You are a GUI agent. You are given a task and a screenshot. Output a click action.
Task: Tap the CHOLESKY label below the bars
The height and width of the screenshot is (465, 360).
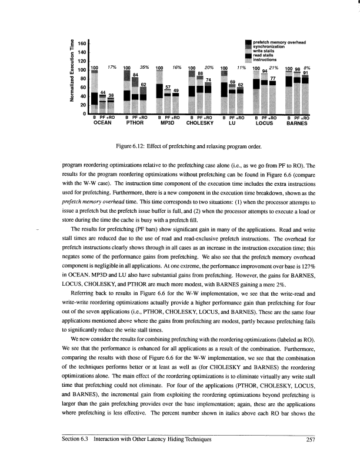point(199,124)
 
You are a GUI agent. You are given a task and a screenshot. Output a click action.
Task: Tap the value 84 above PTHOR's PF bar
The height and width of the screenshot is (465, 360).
point(135,75)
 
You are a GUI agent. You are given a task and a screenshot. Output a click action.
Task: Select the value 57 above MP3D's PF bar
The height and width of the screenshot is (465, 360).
point(168,86)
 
